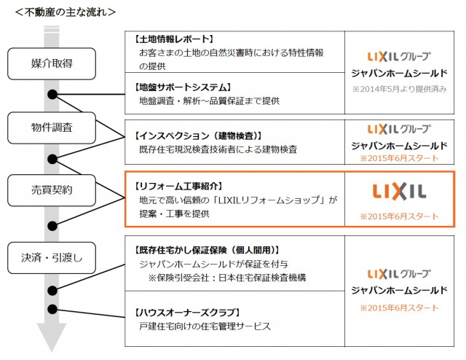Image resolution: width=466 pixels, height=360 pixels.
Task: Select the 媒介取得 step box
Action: pyautogui.click(x=52, y=64)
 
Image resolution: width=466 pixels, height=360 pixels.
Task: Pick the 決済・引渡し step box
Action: pyautogui.click(x=52, y=257)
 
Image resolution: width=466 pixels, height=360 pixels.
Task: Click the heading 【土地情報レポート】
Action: pyautogui.click(x=175, y=39)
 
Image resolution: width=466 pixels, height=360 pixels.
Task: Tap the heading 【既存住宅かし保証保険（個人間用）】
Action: pyautogui.click(x=207, y=250)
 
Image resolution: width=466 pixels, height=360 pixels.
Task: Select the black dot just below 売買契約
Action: pyautogui.click(x=52, y=223)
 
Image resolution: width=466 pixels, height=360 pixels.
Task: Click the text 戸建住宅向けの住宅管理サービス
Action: pyautogui.click(x=205, y=326)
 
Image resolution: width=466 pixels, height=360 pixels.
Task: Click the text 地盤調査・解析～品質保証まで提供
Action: pyautogui.click(x=209, y=101)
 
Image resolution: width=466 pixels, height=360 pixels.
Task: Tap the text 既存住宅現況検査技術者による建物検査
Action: pyautogui.click(x=217, y=149)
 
